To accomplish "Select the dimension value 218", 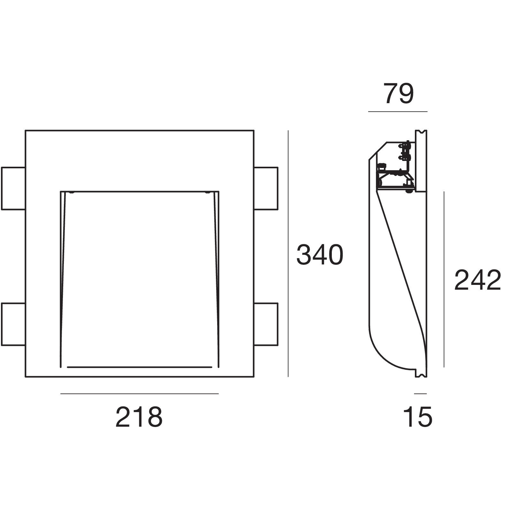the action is click(139, 417).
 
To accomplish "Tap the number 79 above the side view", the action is click(399, 94).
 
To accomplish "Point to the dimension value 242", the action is click(478, 280).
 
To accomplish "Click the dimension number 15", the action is click(418, 417).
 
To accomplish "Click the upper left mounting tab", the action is click(13, 188).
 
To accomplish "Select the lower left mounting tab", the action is click(13, 324).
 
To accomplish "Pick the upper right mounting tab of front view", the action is click(266, 188).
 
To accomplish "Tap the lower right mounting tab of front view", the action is click(266, 324).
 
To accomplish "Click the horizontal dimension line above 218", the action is click(140, 394).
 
